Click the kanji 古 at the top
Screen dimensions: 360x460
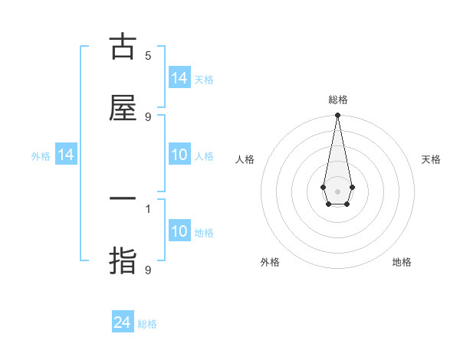123,47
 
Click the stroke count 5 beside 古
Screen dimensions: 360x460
148,56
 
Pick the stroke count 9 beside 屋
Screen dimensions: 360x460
148,117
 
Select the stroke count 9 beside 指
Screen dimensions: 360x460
148,270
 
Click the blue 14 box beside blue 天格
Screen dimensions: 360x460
179,78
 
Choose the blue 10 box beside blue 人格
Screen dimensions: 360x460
179,155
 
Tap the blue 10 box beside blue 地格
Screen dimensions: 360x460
179,231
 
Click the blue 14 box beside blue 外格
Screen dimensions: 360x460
66,155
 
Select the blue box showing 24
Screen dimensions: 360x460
123,322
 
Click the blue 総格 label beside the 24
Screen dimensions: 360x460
147,324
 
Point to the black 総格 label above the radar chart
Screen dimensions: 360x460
337,100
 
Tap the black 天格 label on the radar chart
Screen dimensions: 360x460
431,159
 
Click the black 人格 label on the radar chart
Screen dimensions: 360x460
245,159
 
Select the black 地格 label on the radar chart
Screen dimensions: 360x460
402,262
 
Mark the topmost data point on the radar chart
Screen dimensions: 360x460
337,116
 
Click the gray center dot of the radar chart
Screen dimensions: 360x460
337,191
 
